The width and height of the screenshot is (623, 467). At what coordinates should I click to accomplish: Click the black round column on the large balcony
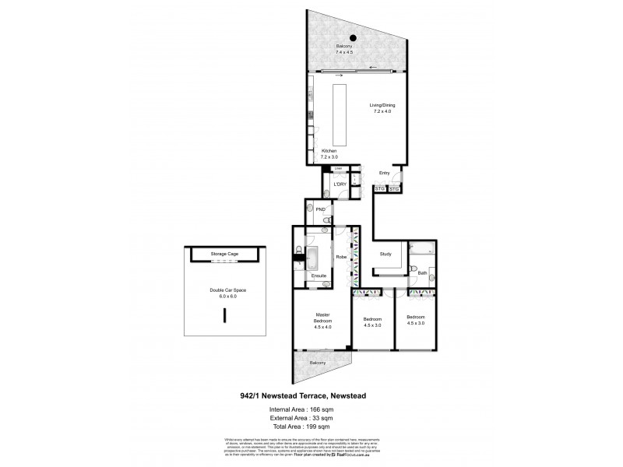(353, 37)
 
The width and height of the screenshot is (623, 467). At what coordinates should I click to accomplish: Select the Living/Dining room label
(380, 109)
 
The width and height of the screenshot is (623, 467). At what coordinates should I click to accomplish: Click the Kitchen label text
(329, 152)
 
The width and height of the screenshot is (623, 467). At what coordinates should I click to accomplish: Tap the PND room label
(319, 210)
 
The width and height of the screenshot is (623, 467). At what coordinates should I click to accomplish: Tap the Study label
(385, 255)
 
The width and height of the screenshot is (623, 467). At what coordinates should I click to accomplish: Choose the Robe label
(341, 256)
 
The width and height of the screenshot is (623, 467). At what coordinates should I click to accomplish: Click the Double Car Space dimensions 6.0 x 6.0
(224, 296)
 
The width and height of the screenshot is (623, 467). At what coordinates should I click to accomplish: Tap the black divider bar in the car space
(224, 316)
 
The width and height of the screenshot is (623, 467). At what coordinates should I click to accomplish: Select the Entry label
(384, 173)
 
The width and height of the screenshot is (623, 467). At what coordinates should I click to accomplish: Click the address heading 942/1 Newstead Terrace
(311, 395)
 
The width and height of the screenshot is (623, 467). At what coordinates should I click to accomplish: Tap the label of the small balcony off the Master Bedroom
(318, 363)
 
